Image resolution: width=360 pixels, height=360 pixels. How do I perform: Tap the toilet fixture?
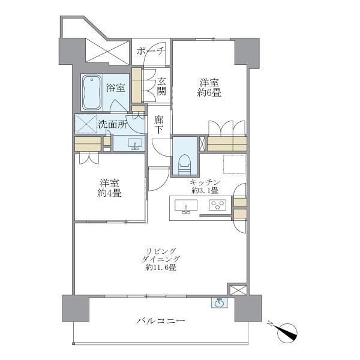coord(184,161)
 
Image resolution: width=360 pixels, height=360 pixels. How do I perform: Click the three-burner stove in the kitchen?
coord(217,206)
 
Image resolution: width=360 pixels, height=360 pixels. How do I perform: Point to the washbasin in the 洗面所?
coord(135,143)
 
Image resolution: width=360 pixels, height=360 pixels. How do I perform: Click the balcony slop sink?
coord(219,302)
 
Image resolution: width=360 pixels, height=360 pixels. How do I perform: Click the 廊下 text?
coord(159,124)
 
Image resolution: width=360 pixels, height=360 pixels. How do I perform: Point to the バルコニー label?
coord(160,321)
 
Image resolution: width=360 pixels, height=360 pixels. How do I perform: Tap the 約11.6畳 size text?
coord(160,268)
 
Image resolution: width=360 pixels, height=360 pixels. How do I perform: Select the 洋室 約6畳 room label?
coord(210,86)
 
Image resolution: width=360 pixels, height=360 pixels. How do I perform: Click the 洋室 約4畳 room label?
coord(110,188)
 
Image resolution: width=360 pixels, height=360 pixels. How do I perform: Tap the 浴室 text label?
coord(116,88)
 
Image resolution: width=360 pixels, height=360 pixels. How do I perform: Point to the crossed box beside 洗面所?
coord(85,124)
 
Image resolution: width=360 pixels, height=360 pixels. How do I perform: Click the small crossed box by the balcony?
coord(238,290)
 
